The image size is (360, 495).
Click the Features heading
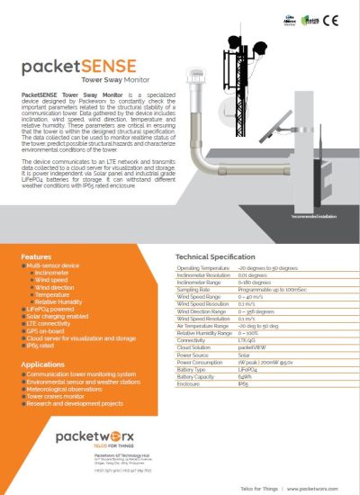point(37,257)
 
